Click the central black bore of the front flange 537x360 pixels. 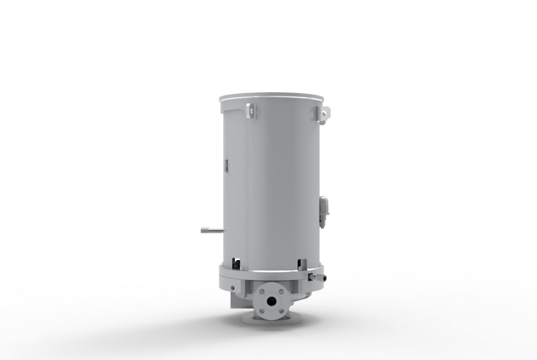(271, 301)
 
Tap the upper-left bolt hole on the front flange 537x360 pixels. (261, 291)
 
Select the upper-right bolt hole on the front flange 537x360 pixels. (281, 291)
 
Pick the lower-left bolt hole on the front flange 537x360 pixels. (261, 310)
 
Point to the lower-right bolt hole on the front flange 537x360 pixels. (281, 310)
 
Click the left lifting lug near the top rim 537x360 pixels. (251, 111)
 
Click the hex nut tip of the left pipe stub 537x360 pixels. (205, 231)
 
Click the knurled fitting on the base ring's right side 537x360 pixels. (319, 278)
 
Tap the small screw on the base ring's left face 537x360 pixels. (232, 287)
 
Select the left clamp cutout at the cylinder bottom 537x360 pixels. (235, 264)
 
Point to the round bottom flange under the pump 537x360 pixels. (271, 319)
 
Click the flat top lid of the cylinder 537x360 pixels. (271, 97)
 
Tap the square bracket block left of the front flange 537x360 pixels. (237, 300)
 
